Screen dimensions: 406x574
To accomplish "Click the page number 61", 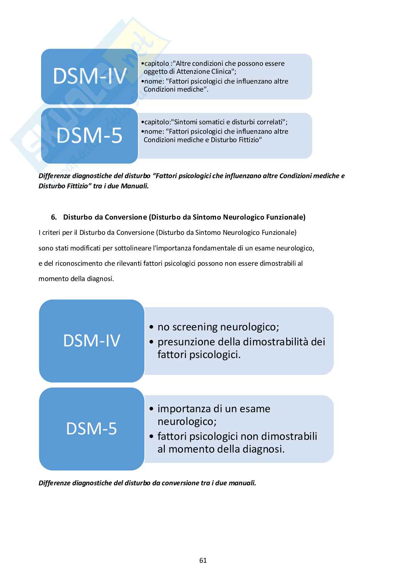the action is pyautogui.click(x=203, y=560).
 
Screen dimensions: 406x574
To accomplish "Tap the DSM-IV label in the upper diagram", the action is pyautogui.click(x=90, y=76).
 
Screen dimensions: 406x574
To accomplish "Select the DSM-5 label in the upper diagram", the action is pyautogui.click(x=89, y=135).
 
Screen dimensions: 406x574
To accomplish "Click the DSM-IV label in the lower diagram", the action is pyautogui.click(x=92, y=341).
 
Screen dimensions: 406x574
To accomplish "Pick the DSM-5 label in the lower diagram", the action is pyautogui.click(x=92, y=429).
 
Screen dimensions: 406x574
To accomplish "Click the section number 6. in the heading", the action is pyautogui.click(x=54, y=217).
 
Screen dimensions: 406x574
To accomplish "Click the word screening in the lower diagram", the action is pyautogui.click(x=195, y=327).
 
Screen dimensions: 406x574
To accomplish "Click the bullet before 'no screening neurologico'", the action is pyautogui.click(x=152, y=327).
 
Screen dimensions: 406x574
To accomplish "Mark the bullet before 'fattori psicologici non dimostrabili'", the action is pyautogui.click(x=152, y=436).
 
